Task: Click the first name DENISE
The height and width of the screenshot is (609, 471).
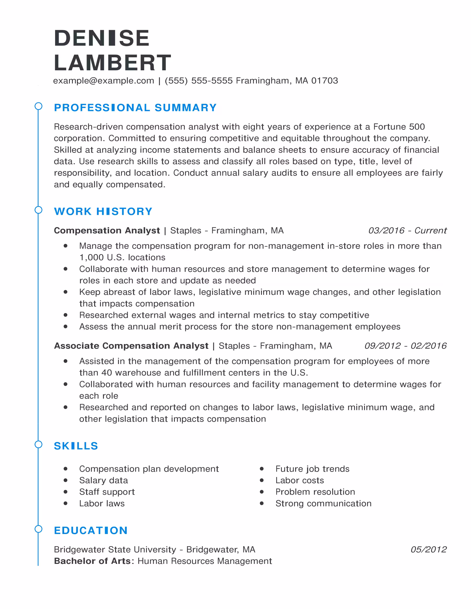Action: (102, 38)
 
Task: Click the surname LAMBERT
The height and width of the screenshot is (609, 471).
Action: (112, 63)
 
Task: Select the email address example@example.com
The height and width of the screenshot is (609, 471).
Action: (104, 81)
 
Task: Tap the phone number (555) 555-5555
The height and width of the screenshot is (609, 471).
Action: (199, 81)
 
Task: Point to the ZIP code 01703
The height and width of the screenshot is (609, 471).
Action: (324, 81)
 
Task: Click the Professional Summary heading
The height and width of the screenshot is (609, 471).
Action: (135, 108)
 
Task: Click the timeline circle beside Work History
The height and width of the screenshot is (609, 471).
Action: (39, 210)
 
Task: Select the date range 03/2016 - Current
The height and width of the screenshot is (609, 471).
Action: (407, 230)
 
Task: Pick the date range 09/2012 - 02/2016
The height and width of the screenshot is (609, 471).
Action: (405, 345)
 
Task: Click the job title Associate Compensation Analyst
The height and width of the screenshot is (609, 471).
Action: (131, 345)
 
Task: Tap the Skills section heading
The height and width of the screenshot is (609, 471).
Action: (76, 446)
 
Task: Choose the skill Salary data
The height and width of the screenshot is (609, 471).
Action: (104, 480)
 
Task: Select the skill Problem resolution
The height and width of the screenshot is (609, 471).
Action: (315, 492)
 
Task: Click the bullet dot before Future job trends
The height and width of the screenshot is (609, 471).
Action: (262, 469)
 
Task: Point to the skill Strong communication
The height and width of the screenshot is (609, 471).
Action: (323, 503)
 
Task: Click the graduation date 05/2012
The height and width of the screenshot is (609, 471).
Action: (428, 549)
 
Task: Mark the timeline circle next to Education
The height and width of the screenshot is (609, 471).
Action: (39, 529)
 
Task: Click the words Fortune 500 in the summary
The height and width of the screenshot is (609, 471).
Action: (399, 127)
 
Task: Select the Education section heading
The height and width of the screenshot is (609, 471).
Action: (91, 530)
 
